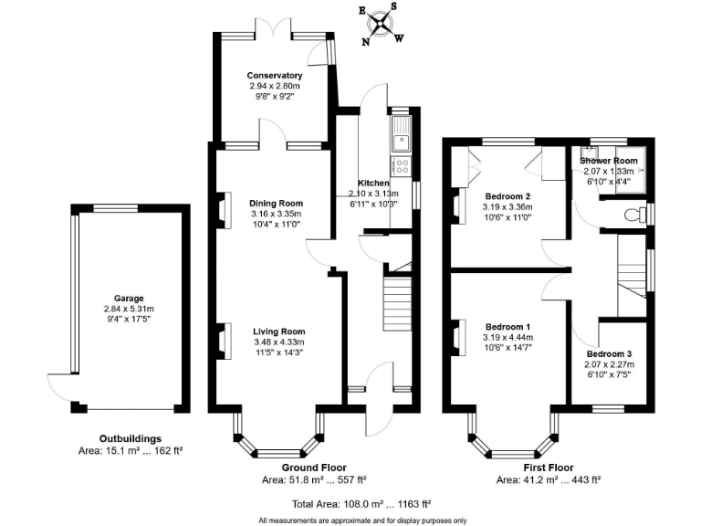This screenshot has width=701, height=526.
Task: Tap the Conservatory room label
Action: tap(275, 76)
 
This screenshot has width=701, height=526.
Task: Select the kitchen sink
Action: tap(402, 134)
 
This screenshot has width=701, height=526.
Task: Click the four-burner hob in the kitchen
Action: tap(402, 166)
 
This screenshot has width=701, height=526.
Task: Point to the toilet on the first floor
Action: tap(635, 215)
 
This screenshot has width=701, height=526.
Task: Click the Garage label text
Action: tap(129, 299)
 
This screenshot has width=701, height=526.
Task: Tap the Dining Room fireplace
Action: tap(224, 210)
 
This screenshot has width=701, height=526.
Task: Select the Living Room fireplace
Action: tap(224, 341)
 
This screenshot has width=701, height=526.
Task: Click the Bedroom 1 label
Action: tap(507, 327)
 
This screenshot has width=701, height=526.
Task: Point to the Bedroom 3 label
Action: tap(610, 354)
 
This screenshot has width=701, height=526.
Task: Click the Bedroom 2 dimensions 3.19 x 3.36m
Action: tap(507, 207)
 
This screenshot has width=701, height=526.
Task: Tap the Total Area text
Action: tap(361, 504)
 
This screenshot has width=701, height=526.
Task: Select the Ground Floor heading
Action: tap(314, 468)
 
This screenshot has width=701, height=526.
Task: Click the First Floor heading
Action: tap(549, 468)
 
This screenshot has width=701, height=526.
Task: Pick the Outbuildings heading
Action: tap(131, 438)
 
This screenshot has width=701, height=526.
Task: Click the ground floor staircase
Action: tap(397, 304)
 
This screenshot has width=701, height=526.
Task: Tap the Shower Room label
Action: tap(609, 161)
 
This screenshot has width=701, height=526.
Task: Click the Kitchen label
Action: tap(373, 183)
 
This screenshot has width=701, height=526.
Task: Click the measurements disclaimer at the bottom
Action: tap(362, 521)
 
